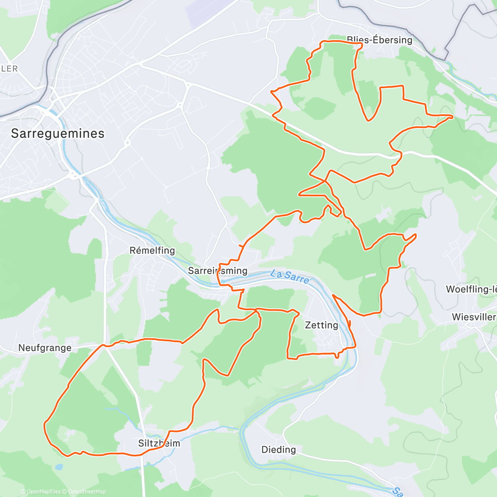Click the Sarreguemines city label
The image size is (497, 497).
58,133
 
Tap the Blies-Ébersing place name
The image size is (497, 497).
379,40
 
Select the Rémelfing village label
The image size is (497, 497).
152,251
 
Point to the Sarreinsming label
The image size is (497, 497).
217,271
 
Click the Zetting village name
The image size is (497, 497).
321,325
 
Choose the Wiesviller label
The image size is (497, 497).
473,317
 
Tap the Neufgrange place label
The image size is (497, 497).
45,348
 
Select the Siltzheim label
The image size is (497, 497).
159,443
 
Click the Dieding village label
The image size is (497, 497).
278,450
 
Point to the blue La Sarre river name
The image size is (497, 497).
290,277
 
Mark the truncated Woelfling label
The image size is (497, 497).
471,289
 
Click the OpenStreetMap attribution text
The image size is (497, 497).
87,492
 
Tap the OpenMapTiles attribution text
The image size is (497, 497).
43,492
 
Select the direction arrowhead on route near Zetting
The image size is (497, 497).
349,324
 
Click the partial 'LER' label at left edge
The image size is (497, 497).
9,69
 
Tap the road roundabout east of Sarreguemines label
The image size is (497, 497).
127,143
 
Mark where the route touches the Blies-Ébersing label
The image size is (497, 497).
359,43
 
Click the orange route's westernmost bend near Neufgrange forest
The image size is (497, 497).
44,423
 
